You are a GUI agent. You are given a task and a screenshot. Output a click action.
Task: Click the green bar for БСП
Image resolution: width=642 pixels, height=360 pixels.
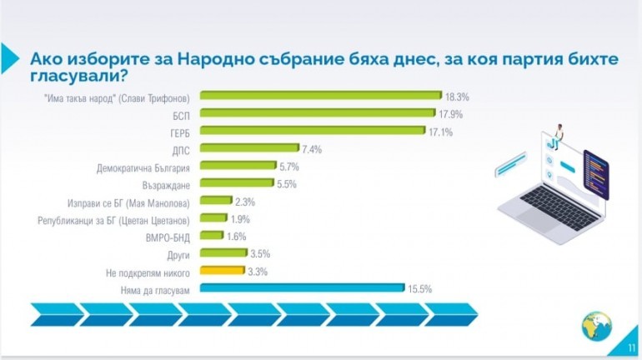coord(318,113)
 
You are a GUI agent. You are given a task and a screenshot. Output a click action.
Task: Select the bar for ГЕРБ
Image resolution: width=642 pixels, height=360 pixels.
coord(315,131)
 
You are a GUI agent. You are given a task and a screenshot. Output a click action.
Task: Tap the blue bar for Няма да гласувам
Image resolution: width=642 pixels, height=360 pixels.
coord(303,289)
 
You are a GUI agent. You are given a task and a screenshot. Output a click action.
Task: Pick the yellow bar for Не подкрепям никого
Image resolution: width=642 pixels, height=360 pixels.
coord(223,272)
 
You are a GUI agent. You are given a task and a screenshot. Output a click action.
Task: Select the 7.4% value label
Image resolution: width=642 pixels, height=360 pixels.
coord(312,149)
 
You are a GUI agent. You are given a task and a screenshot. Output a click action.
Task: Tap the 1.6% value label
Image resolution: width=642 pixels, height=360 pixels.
coord(237,237)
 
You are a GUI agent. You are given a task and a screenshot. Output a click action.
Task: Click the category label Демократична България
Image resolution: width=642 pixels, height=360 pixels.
coord(144,166)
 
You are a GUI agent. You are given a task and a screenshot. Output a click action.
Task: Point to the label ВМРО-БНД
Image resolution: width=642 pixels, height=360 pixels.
coord(170,237)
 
